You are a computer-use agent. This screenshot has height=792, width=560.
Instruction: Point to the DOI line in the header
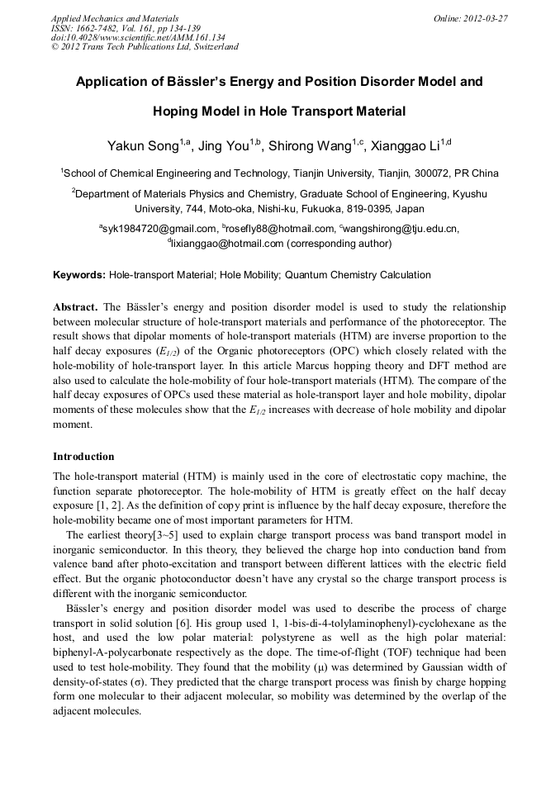click(x=138, y=37)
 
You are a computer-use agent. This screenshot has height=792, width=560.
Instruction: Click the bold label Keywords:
click(x=79, y=274)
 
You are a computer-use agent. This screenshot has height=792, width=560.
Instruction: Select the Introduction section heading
click(x=83, y=457)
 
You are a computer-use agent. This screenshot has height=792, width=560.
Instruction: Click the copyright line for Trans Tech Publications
click(x=145, y=47)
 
